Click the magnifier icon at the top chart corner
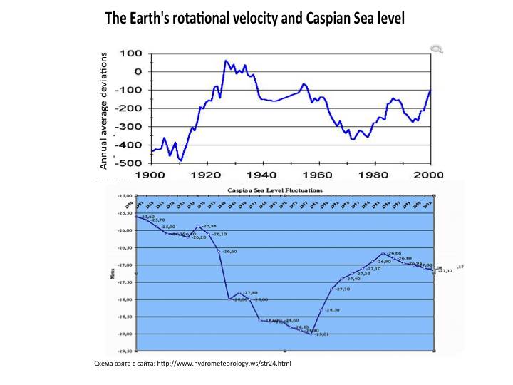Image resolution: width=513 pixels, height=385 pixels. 437,48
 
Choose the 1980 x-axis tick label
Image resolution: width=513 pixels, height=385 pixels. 374,175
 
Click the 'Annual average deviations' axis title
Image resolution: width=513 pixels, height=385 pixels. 103,111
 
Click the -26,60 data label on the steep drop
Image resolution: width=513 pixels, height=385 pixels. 229,252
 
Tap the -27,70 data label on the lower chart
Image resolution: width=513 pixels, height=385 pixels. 343,289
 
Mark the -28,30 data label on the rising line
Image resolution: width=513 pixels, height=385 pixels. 332,309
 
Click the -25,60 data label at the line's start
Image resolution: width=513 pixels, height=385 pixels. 147,216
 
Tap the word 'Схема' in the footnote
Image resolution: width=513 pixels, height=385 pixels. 104,364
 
